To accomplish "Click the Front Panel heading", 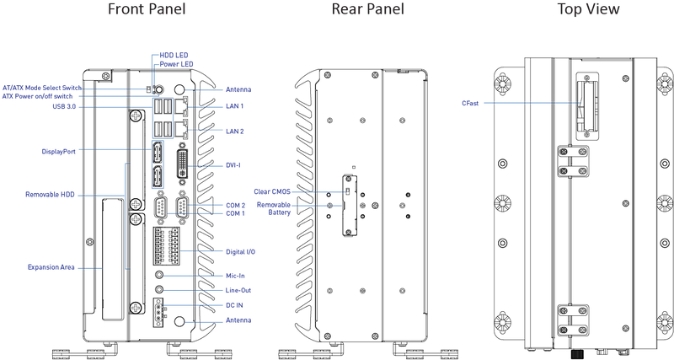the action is (x=147, y=9).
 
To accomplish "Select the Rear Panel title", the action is (x=367, y=9).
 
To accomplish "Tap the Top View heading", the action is (x=588, y=9).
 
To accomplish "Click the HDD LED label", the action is (x=174, y=56).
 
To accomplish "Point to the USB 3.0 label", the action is (x=64, y=107).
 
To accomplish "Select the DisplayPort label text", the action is (x=58, y=152).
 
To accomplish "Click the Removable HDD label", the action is (x=50, y=195).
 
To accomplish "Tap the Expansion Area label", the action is (x=51, y=267).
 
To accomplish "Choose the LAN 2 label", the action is (x=235, y=132).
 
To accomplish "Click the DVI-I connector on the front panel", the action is (x=183, y=164).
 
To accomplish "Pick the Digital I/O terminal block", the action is (x=166, y=245).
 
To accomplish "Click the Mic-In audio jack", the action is (x=159, y=275).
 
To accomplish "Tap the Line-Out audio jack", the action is (x=159, y=290).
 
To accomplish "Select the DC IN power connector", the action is (x=158, y=313).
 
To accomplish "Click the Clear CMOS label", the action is (x=272, y=192).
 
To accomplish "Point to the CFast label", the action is (x=470, y=103).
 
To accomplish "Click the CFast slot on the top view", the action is (x=586, y=105).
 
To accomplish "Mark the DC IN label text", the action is (x=234, y=305).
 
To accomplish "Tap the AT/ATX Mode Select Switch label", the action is (x=41, y=88).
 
